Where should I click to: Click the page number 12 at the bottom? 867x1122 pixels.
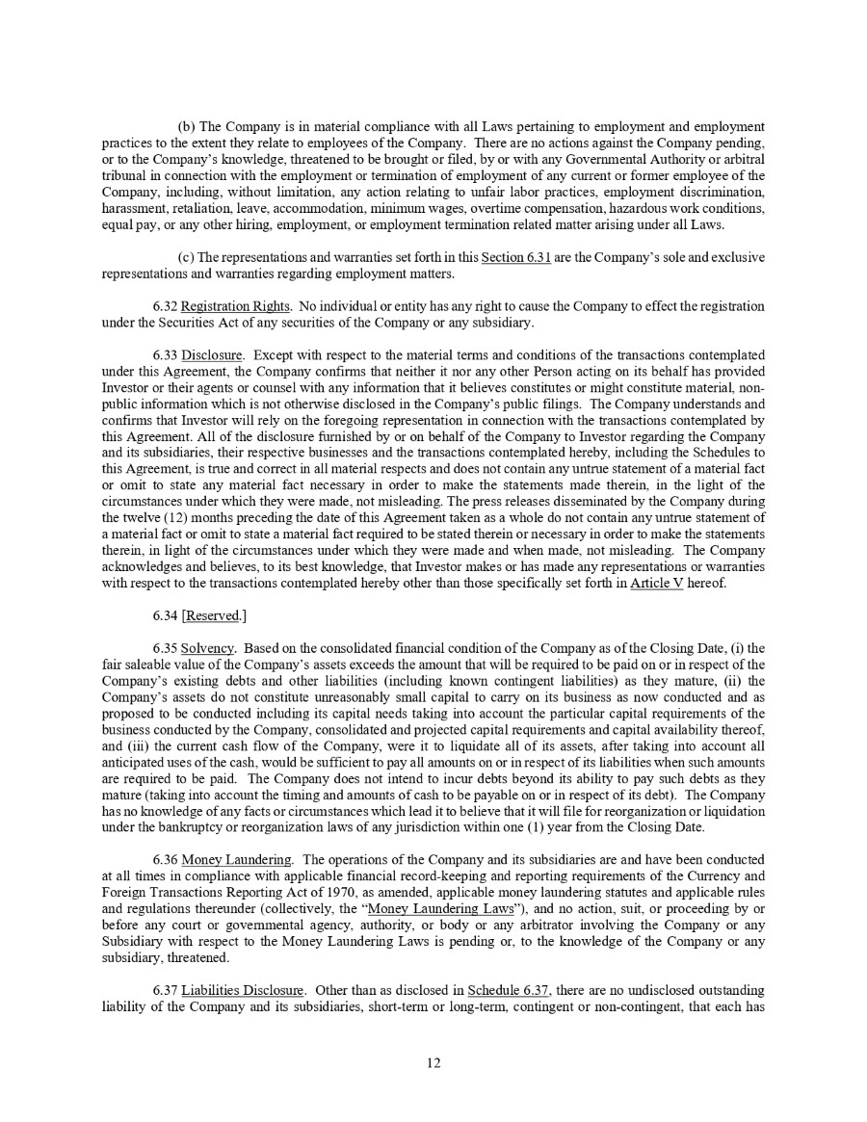pos(433,1063)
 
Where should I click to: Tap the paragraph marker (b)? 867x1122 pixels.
pos(187,127)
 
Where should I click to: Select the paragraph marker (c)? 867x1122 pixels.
pos(187,258)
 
